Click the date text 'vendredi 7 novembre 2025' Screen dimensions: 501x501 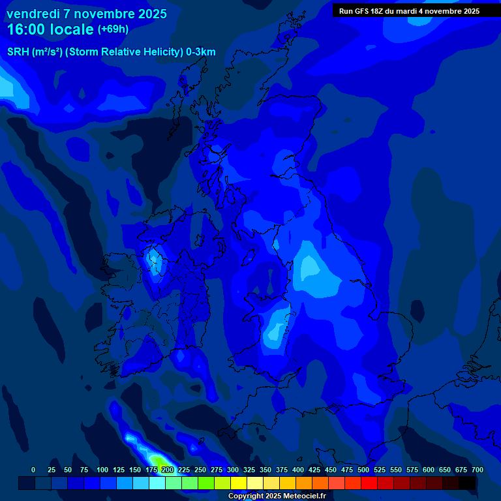tap(87, 14)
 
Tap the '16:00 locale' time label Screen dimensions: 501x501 tap(51, 30)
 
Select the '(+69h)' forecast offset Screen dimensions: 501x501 tap(113, 29)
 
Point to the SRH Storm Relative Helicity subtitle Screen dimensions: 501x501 tap(111, 52)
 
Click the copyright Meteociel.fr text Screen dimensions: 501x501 tap(277, 496)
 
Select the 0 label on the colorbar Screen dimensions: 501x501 tap(33, 470)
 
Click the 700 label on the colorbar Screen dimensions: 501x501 tap(477, 470)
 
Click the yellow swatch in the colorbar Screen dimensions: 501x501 tap(239, 483)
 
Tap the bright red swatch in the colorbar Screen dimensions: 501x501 tap(369, 483)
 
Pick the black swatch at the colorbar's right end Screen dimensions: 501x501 tap(467, 483)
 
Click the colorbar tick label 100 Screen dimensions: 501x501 tap(102, 470)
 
